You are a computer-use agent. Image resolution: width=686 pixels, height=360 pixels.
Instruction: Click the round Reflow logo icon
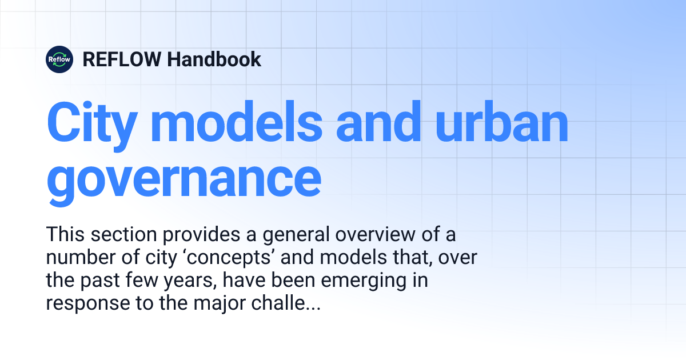(59, 59)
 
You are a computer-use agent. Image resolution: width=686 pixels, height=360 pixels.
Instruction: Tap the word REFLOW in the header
(122, 59)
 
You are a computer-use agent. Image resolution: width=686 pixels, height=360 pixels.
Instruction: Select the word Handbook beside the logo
(214, 59)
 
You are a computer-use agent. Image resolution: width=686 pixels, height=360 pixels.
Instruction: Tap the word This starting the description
(65, 235)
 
